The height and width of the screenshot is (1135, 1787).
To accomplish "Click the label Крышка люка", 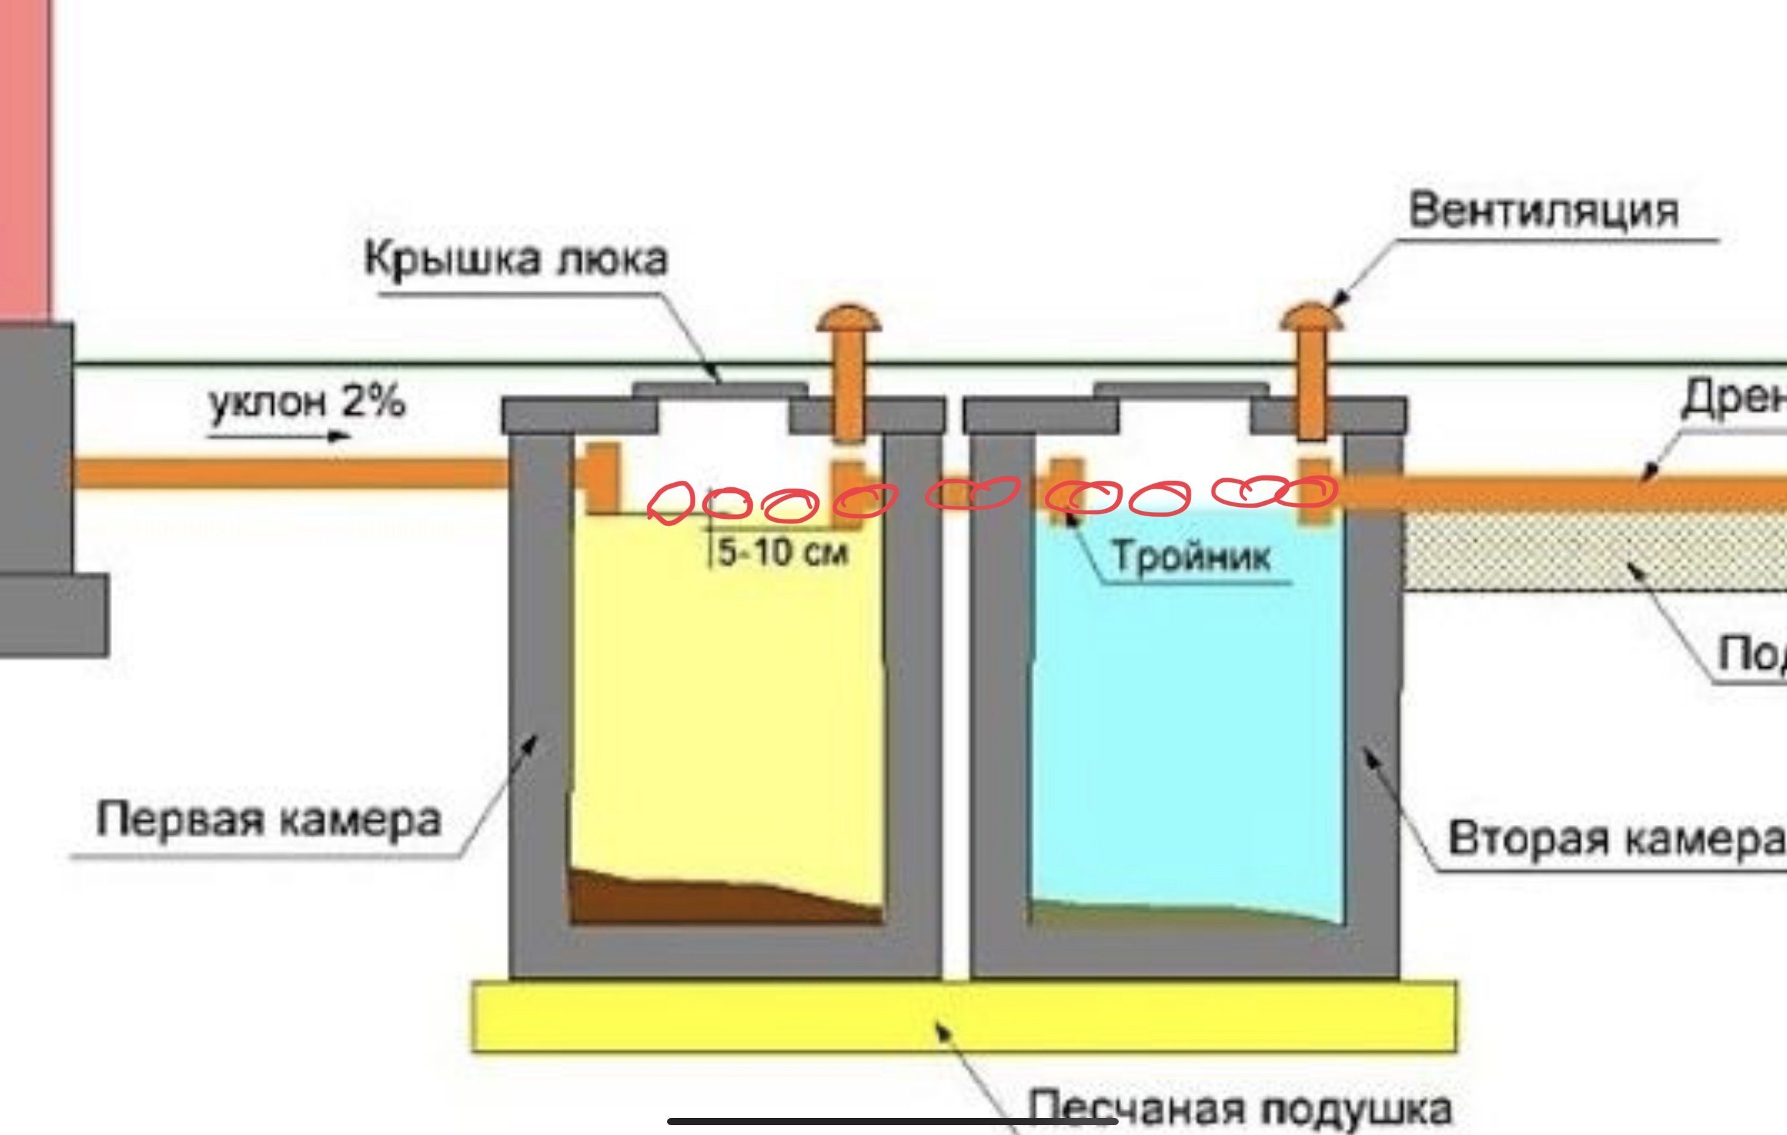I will (x=516, y=260).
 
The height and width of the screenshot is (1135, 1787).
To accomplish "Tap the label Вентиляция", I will (x=1543, y=211).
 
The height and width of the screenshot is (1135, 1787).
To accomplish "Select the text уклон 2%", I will (x=306, y=402).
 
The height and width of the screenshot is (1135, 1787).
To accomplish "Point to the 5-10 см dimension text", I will (x=782, y=553).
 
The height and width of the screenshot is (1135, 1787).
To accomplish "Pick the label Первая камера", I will (x=268, y=820).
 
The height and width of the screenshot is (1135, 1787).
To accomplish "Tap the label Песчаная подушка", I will (x=1239, y=1109).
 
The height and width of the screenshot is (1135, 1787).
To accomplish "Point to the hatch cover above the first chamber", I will (x=719, y=389).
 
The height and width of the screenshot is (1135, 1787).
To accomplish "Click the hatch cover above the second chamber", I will (x=1181, y=389).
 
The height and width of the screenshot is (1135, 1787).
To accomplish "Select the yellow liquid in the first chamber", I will (x=727, y=705).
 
